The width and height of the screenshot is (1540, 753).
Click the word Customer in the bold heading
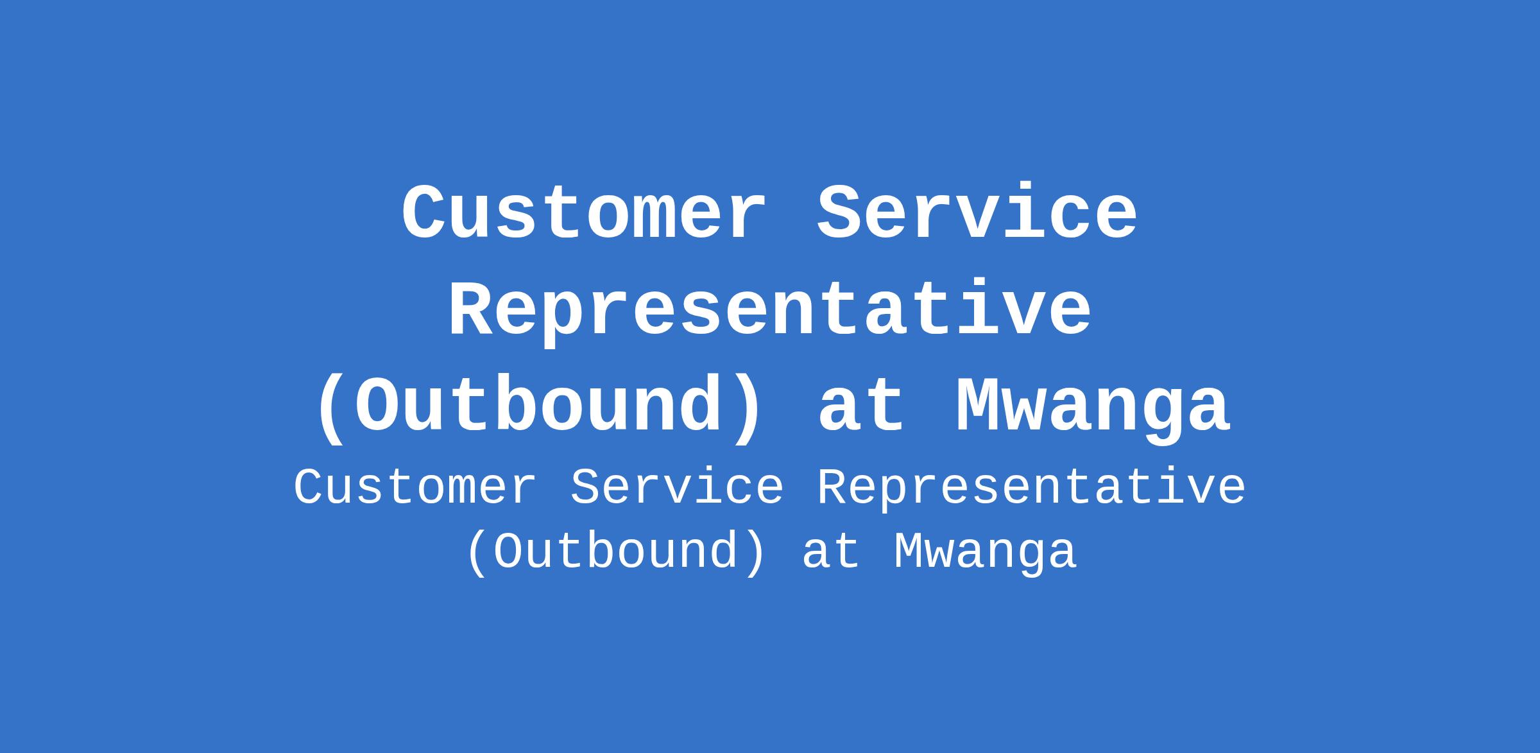(x=584, y=212)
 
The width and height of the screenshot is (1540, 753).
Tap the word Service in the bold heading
(x=977, y=212)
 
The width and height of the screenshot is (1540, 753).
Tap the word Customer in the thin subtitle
(x=415, y=488)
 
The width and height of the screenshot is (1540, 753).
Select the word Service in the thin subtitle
(x=677, y=488)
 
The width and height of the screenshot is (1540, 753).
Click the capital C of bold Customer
(x=425, y=212)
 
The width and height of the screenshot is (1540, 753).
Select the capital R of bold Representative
(x=473, y=309)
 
